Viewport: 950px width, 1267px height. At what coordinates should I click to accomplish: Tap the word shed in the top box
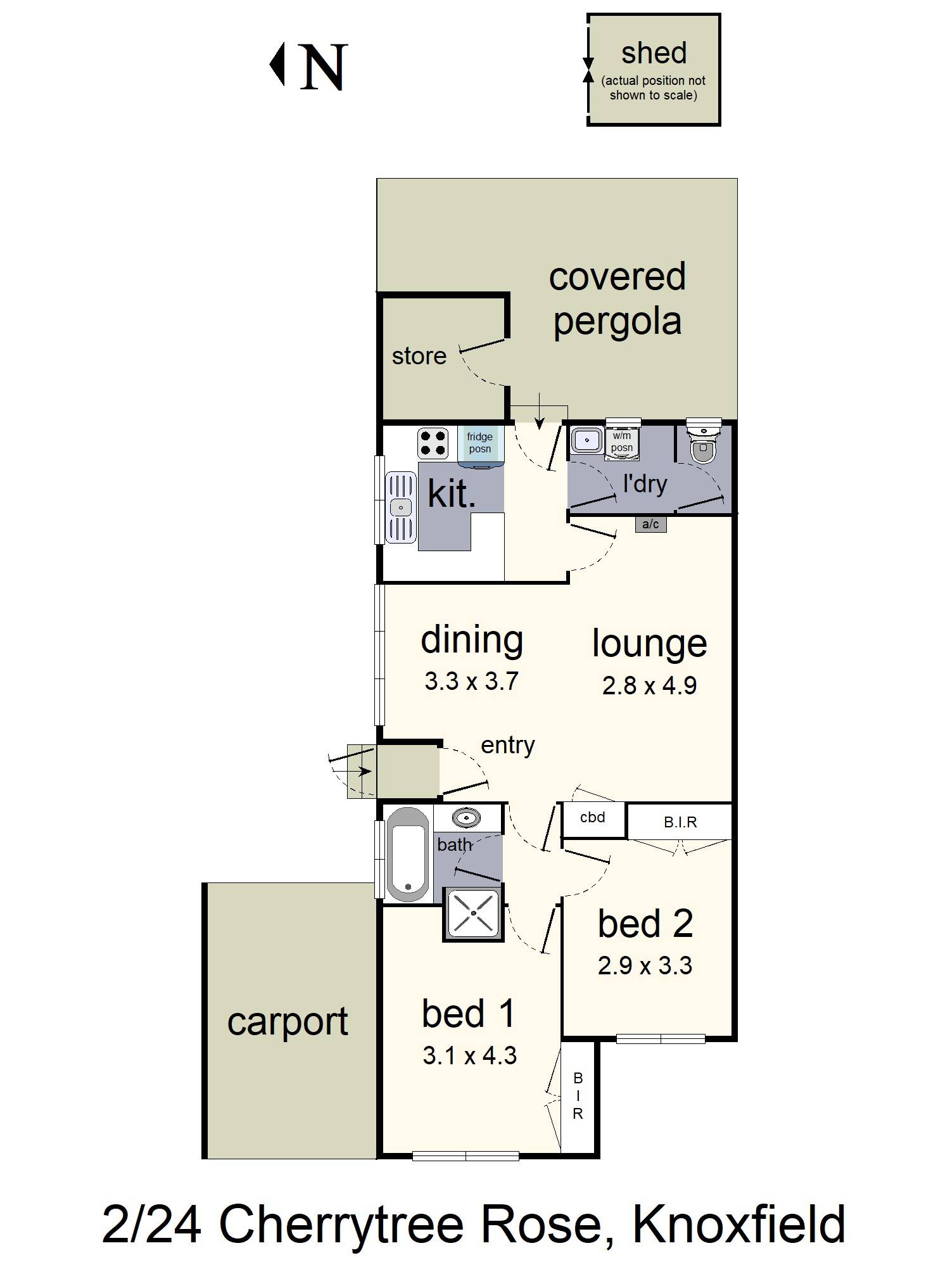click(x=654, y=53)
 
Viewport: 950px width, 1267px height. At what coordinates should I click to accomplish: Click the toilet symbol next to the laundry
click(x=703, y=443)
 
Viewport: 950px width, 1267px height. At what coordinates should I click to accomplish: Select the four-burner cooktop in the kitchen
click(x=433, y=443)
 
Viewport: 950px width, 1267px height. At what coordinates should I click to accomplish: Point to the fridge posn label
click(x=479, y=443)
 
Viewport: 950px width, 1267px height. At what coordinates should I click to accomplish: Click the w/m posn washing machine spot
click(x=622, y=442)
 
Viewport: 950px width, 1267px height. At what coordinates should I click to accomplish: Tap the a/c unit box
click(x=650, y=524)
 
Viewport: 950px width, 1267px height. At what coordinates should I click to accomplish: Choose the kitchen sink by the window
click(x=401, y=507)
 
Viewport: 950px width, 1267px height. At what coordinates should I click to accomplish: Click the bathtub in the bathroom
click(x=407, y=854)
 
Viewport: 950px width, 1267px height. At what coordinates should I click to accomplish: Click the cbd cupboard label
click(x=593, y=817)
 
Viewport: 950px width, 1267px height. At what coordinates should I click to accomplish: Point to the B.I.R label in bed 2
click(x=680, y=822)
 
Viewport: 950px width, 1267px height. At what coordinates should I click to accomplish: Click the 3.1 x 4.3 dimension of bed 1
click(x=469, y=1055)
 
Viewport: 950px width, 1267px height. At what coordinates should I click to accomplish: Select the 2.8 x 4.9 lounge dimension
click(x=649, y=685)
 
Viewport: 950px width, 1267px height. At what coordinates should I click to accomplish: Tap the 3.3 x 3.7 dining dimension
click(x=471, y=681)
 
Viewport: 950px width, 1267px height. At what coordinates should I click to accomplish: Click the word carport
click(x=288, y=1021)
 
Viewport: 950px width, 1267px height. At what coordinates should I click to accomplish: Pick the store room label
click(x=419, y=356)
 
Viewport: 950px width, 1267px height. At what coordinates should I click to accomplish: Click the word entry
click(x=507, y=745)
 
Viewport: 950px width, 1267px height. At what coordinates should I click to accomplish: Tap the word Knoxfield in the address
click(x=738, y=1225)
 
